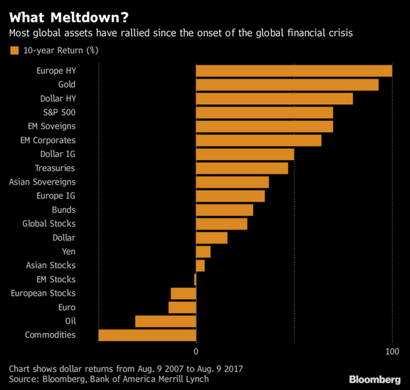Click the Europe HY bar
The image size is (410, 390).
pyautogui.click(x=294, y=71)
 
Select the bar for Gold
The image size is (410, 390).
pyautogui.click(x=287, y=85)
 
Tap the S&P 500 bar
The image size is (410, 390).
pyautogui.click(x=264, y=113)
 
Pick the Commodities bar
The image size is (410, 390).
pyautogui.click(x=147, y=335)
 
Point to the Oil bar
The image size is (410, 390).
pyautogui.click(x=165, y=321)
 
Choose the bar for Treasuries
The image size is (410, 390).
pyautogui.click(x=242, y=168)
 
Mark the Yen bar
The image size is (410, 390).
pyautogui.click(x=203, y=251)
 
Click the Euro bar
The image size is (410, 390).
pyautogui.click(x=182, y=307)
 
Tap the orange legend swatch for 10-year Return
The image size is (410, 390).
pyautogui.click(x=14, y=50)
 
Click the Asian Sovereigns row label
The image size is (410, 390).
pyautogui.click(x=42, y=182)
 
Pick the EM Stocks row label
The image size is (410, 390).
pyautogui.click(x=56, y=279)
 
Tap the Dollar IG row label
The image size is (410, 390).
pyautogui.click(x=58, y=154)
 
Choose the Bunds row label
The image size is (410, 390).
pyautogui.click(x=64, y=210)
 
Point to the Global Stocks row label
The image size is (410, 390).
pyautogui.click(x=49, y=224)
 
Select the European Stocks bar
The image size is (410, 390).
pyautogui.click(x=184, y=294)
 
